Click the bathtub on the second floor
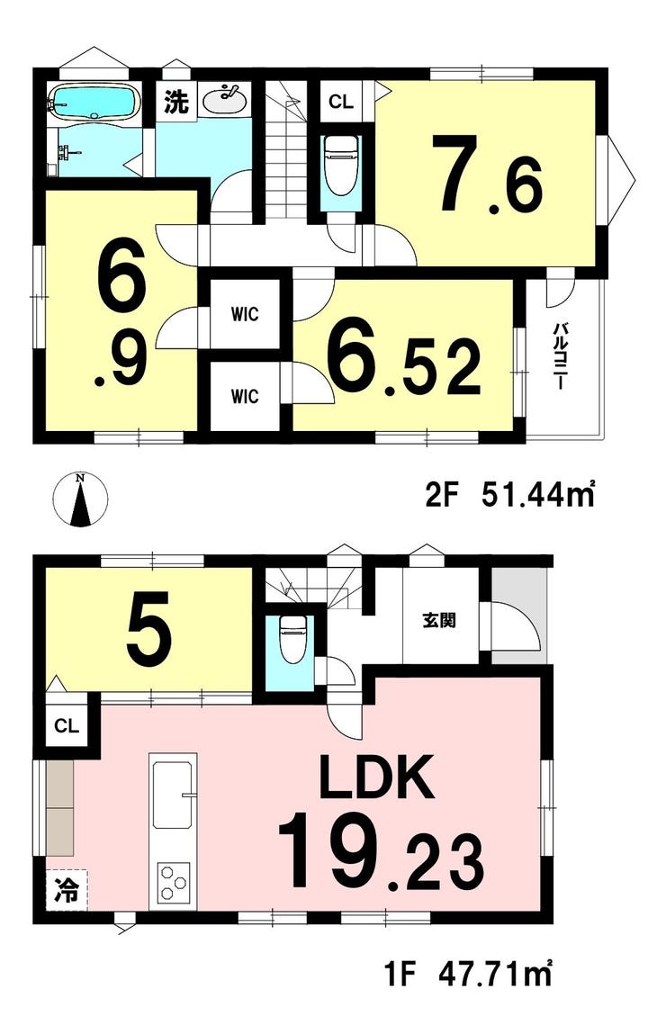[94, 103]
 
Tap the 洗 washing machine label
[176, 101]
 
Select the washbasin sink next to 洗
[225, 100]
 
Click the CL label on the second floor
[341, 102]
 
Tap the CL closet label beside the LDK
[67, 726]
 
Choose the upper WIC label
[244, 314]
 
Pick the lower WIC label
[244, 396]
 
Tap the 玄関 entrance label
[439, 621]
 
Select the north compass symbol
[80, 500]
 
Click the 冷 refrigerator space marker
[66, 891]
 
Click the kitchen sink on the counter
[174, 796]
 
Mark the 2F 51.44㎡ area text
[509, 495]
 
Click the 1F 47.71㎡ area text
[467, 974]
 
